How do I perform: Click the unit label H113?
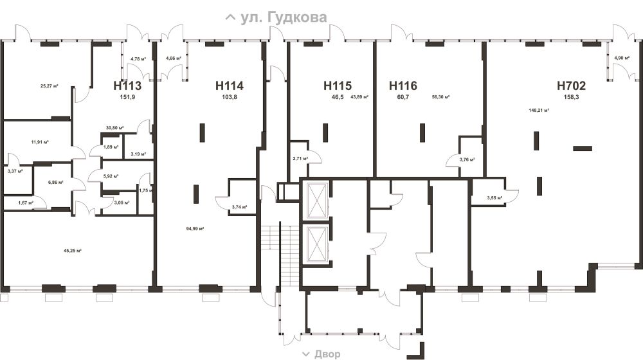127,85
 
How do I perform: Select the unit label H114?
230,85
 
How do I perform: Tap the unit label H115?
338,85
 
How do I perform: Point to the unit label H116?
403,85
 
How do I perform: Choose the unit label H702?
571,85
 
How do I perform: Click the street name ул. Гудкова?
284,17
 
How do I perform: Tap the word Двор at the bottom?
327,354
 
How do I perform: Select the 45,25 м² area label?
72,251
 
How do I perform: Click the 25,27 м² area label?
50,86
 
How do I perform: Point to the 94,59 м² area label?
195,229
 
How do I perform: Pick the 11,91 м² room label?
40,142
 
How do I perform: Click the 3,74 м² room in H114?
239,207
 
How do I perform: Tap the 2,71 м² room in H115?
300,158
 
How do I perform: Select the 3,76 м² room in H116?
467,159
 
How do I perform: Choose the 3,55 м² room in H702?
494,197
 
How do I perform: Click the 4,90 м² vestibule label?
622,58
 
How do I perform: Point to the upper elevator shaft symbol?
318,200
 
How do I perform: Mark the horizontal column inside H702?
583,148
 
